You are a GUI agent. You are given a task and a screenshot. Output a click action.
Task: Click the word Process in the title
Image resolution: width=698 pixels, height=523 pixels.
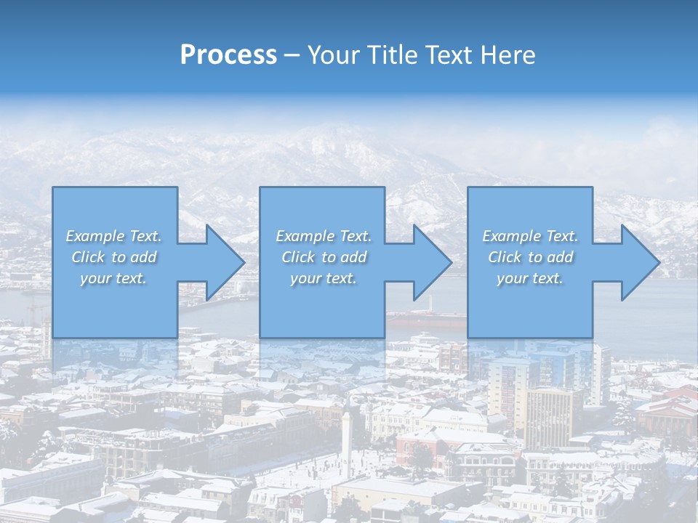pyautogui.click(x=228, y=55)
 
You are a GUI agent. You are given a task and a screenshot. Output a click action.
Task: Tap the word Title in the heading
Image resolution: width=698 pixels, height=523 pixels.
pyautogui.click(x=389, y=55)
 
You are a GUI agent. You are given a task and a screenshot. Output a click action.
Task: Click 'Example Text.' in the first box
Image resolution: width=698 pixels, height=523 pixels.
pyautogui.click(x=113, y=236)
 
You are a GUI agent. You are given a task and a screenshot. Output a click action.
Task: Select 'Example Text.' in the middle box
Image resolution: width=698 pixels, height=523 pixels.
pyautogui.click(x=324, y=236)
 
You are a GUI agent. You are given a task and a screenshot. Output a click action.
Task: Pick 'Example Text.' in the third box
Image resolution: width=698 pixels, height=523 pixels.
pyautogui.click(x=530, y=236)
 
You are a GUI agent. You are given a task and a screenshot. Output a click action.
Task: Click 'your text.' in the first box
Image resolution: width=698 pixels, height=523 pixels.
pyautogui.click(x=113, y=278)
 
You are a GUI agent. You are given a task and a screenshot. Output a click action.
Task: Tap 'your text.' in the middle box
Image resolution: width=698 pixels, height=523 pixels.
pyautogui.click(x=324, y=278)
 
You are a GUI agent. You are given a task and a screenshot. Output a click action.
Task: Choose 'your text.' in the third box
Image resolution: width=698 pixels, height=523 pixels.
pyautogui.click(x=530, y=278)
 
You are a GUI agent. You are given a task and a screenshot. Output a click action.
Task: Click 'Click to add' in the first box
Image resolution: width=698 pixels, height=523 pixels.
pyautogui.click(x=113, y=257)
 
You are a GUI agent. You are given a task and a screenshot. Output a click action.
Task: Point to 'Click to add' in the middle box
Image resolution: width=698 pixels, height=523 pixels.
pyautogui.click(x=324, y=257)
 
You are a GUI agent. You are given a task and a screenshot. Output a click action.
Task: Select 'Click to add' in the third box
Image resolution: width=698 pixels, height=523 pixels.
pyautogui.click(x=530, y=257)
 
